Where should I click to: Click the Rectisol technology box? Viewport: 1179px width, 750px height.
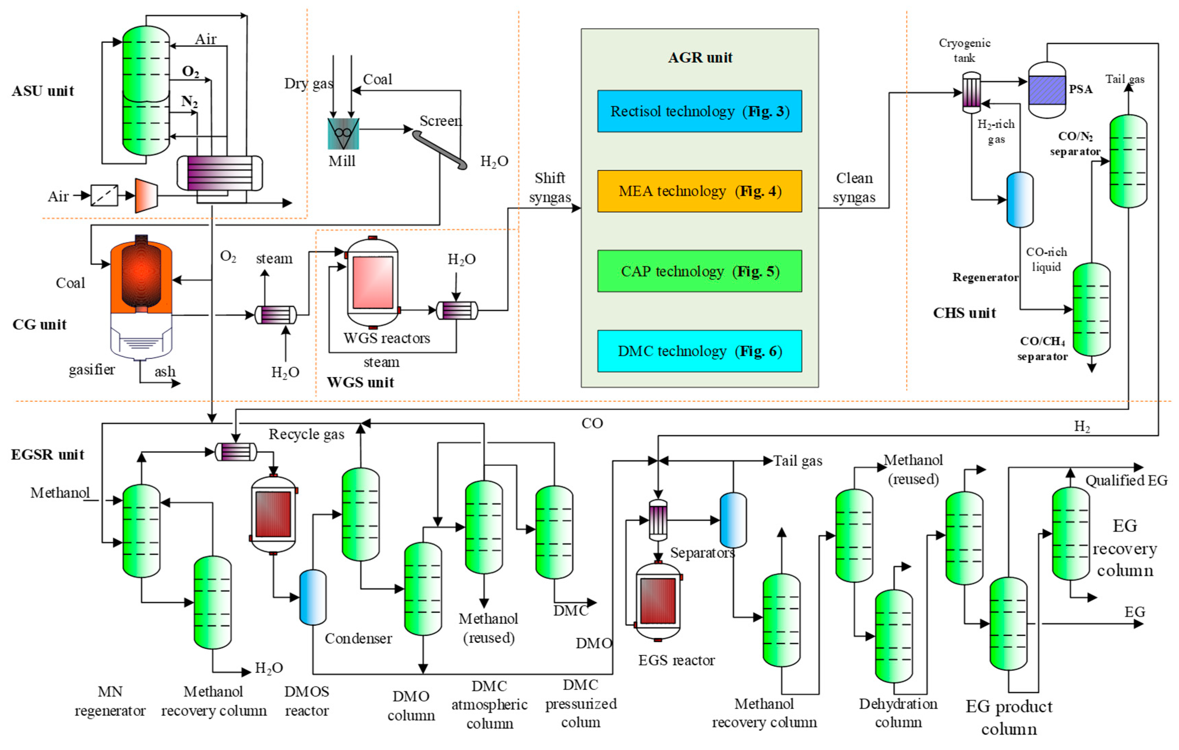click(699, 111)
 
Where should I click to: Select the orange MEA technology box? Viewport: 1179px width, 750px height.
click(699, 191)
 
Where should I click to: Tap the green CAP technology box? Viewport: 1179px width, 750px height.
click(699, 271)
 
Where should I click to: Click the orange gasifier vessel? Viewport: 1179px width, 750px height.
click(141, 277)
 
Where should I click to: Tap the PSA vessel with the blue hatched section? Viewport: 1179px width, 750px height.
click(1047, 90)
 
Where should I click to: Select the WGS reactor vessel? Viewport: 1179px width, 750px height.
click(372, 283)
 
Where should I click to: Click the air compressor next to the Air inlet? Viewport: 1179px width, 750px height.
click(146, 196)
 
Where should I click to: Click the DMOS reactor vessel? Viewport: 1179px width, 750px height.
click(273, 514)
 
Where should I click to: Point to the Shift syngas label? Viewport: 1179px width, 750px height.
click(550, 187)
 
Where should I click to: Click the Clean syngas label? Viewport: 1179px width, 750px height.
click(854, 187)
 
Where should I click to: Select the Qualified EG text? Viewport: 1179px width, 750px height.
click(1126, 480)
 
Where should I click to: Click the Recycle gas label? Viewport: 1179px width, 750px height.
click(306, 434)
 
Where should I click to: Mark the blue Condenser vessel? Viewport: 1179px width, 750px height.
click(313, 597)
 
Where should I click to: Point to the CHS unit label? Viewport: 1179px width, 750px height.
click(964, 313)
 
